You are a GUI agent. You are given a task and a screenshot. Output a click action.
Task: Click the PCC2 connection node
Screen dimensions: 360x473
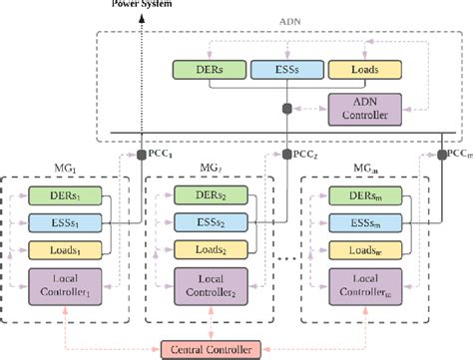point(286,155)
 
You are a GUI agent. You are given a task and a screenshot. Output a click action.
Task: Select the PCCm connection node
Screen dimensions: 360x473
point(441,155)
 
